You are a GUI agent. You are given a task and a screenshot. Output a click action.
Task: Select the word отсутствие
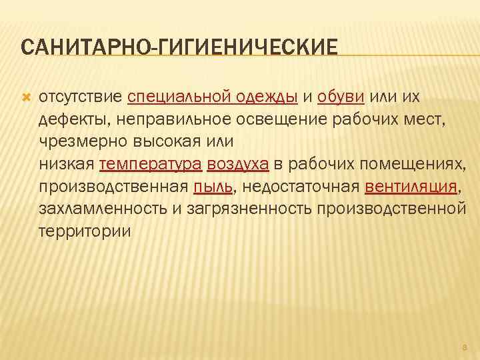click(80, 97)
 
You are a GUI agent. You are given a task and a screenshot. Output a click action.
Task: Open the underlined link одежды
click(266, 97)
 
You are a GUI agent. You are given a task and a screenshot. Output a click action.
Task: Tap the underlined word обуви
click(341, 97)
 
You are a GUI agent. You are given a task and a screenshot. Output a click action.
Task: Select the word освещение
click(255, 120)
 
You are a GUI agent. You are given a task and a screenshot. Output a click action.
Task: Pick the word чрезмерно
click(75, 143)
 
